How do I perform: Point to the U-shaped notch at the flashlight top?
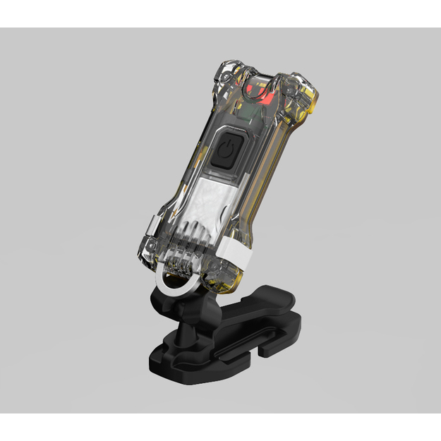coord(261,78)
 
